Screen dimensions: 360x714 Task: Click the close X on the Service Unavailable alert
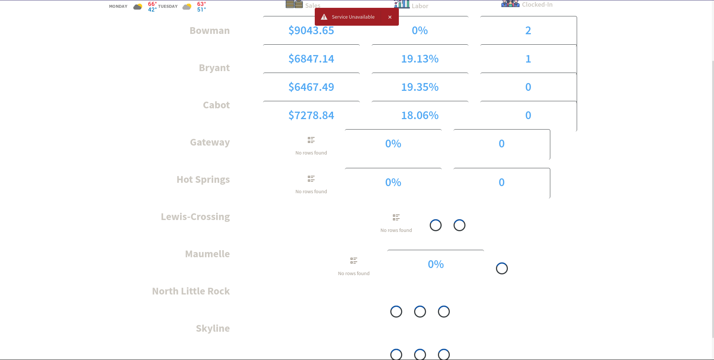[390, 17]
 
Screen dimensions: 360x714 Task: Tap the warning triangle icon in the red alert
[324, 17]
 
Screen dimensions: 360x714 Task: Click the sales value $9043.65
[311, 31]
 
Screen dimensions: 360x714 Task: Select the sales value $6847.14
[311, 59]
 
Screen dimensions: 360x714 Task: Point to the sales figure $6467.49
[311, 87]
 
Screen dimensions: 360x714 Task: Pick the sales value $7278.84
[311, 115]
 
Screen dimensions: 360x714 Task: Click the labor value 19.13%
[420, 59]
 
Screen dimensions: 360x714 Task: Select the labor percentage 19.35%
[420, 87]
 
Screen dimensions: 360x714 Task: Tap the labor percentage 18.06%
[420, 115]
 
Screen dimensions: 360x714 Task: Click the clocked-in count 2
[528, 31]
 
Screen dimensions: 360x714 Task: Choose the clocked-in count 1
[528, 59]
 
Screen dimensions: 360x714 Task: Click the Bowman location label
[209, 31]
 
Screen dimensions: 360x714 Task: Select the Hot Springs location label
[203, 179]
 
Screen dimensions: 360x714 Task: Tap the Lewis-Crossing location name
[195, 217]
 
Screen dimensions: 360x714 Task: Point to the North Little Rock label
[191, 291]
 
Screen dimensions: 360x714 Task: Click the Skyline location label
[213, 328]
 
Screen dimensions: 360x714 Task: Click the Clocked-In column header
[537, 4]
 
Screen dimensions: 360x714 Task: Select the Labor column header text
[420, 6]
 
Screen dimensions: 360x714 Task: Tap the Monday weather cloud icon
[138, 7]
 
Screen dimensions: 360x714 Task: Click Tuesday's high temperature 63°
[201, 4]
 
